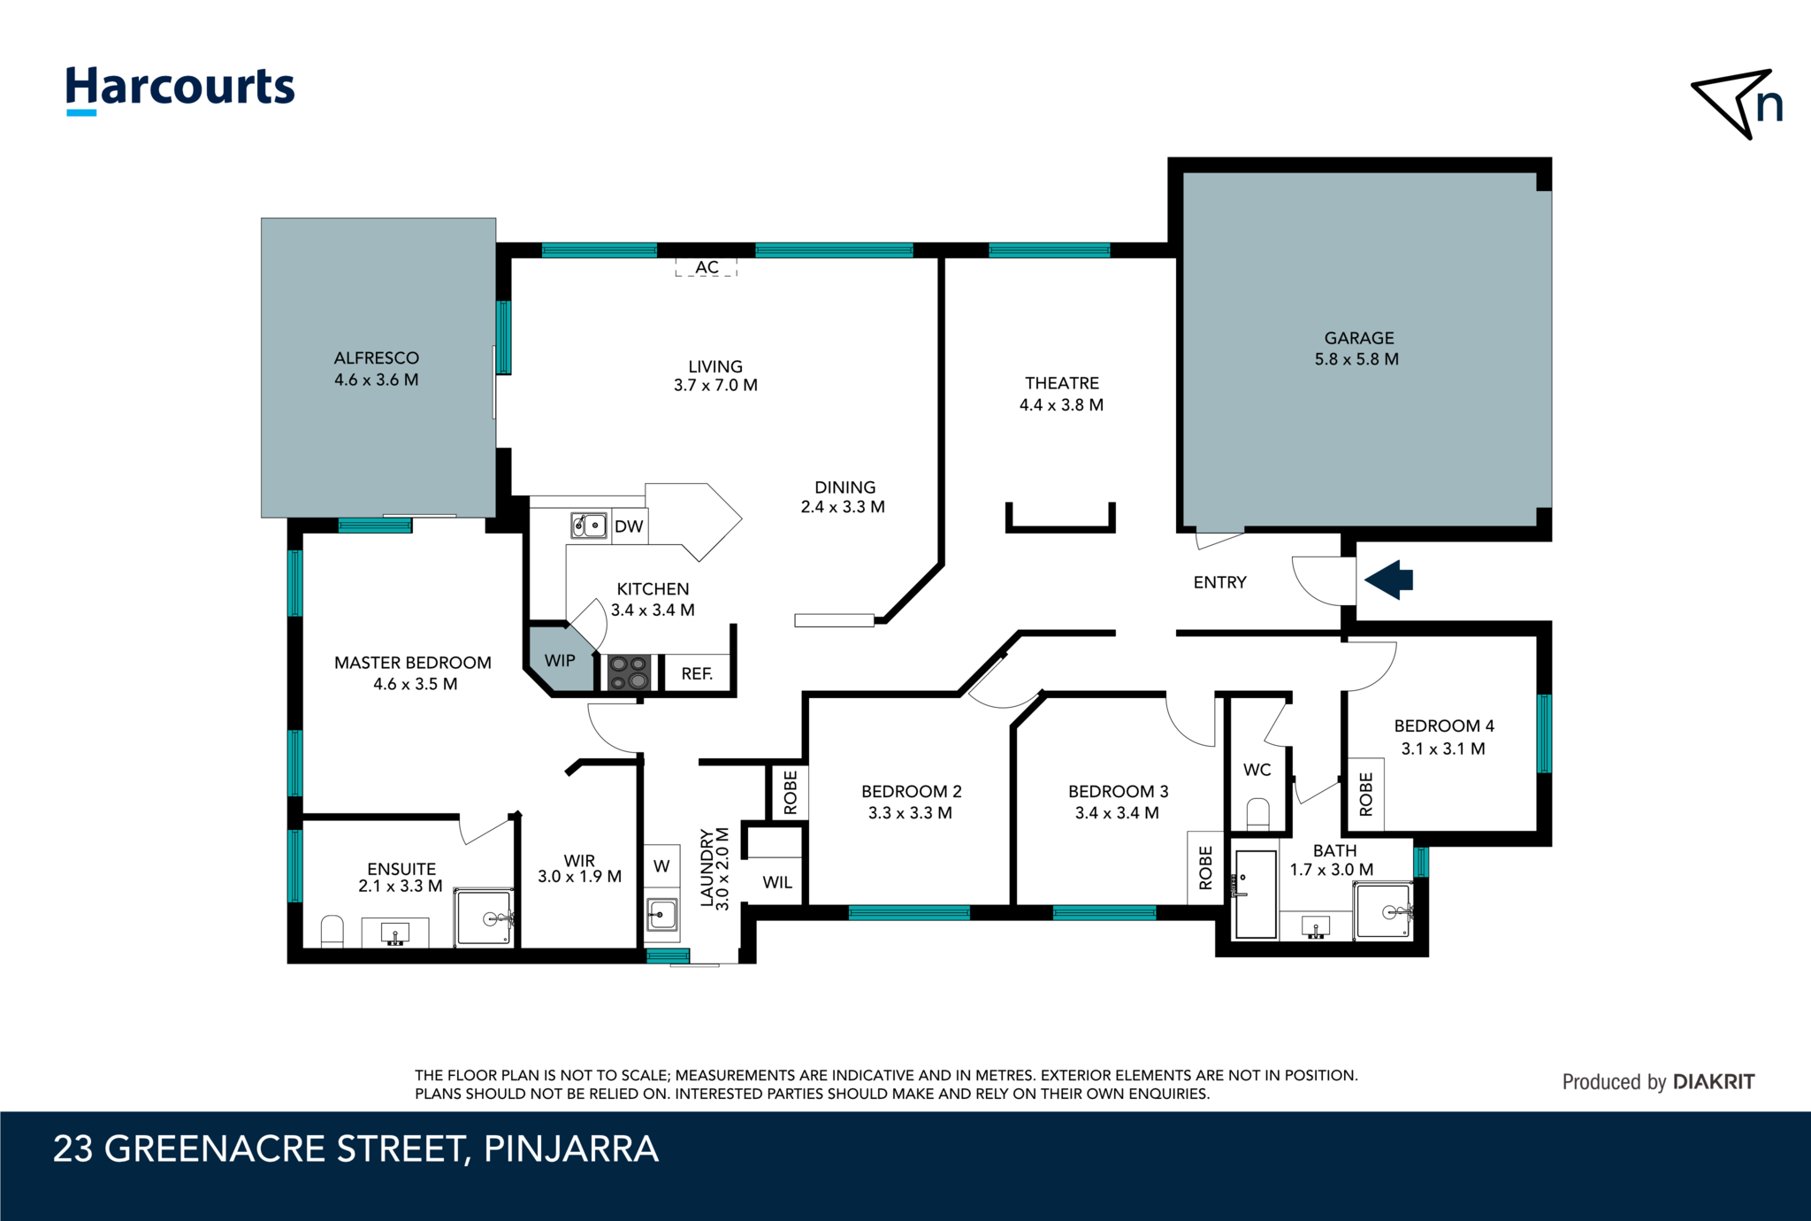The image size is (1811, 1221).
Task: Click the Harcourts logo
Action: (180, 90)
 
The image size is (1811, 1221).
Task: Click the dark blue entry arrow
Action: (1389, 580)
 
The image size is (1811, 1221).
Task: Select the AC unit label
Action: (707, 267)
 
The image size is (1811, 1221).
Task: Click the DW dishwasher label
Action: (629, 526)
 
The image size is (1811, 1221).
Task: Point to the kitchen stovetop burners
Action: (629, 672)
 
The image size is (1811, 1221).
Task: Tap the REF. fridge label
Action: (697, 674)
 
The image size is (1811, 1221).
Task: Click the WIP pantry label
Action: (560, 661)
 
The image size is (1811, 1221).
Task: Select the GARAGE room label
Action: (1359, 338)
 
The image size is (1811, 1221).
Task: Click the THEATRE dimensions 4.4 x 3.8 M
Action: (1061, 405)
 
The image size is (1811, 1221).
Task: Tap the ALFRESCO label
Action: (377, 358)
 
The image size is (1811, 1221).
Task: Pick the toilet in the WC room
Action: (1257, 814)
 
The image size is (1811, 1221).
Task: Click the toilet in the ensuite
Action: (332, 931)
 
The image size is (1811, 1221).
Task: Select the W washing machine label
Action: (661, 866)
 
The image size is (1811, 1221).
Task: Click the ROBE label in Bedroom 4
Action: (1366, 794)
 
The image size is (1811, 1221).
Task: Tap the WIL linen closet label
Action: (777, 882)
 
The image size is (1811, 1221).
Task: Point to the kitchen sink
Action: (589, 526)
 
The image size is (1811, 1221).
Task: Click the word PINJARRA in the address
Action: (571, 1149)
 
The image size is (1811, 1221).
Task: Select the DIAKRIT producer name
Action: (1714, 1082)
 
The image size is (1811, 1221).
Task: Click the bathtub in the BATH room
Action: (1256, 894)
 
